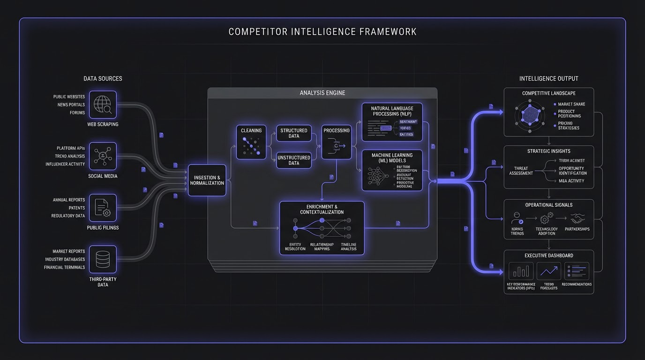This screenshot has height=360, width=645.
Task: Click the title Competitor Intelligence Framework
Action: tap(322, 32)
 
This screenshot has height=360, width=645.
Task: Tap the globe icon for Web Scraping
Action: tap(102, 105)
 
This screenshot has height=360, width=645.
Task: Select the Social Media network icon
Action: tap(102, 156)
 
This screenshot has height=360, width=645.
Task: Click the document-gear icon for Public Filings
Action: tap(102, 208)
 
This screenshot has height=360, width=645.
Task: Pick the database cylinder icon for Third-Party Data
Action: tap(102, 259)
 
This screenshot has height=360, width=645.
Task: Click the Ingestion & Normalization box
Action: tap(207, 180)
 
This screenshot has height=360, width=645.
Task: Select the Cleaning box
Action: tap(251, 142)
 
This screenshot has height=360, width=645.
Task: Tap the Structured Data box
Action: tap(293, 133)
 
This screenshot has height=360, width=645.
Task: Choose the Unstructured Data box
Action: tap(293, 160)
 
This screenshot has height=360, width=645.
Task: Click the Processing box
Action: tap(337, 142)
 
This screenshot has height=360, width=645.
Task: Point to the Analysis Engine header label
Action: tap(322, 93)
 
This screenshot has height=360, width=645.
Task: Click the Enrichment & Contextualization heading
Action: tap(322, 209)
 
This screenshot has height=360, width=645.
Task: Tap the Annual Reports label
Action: tap(69, 200)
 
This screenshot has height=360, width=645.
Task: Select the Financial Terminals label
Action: tap(65, 267)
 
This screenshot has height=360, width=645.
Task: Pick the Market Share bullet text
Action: tap(571, 104)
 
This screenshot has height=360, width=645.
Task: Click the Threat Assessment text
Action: tap(521, 171)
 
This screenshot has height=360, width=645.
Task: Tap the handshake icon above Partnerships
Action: tap(577, 219)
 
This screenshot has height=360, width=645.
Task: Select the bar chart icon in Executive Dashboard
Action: tap(521, 271)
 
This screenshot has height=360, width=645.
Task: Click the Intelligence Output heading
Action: tap(548, 79)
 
